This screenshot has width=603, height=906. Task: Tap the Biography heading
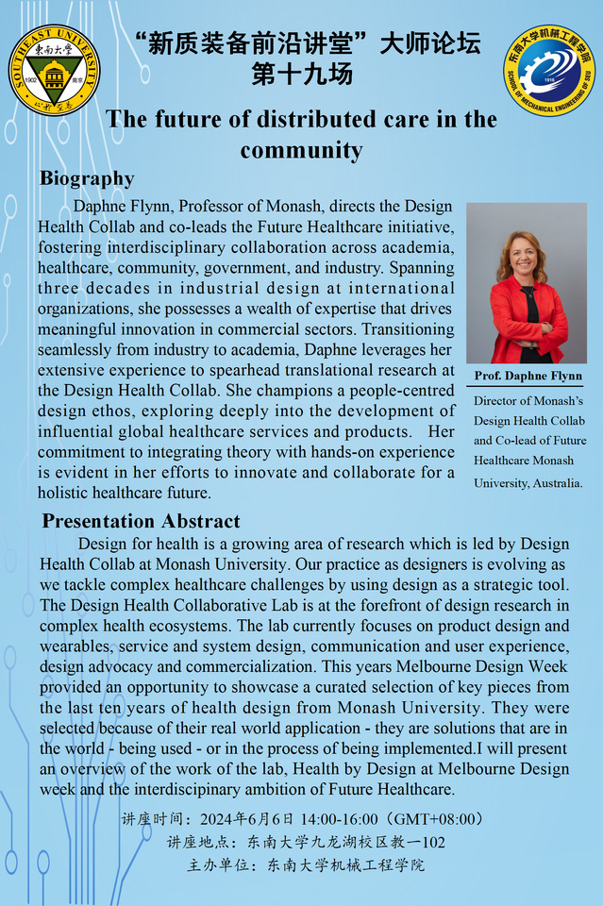pos(87,178)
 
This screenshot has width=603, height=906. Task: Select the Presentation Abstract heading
pos(141,521)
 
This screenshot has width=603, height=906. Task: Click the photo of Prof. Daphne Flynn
pos(527,283)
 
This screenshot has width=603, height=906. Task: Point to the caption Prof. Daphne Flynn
pos(528,377)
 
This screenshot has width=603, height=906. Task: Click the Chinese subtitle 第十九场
pos(302,75)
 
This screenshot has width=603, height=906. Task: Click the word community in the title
pos(301,150)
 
